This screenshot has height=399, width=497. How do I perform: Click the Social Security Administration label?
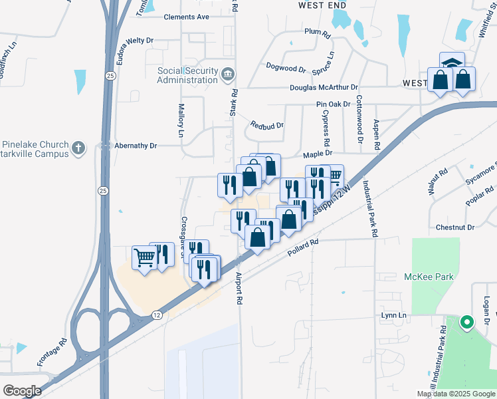pyautogui.click(x=187, y=75)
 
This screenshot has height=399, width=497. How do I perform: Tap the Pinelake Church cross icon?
pyautogui.click(x=78, y=148)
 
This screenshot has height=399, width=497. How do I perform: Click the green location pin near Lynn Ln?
pyautogui.click(x=466, y=324)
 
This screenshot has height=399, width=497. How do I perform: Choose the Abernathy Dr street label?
pyautogui.click(x=135, y=146)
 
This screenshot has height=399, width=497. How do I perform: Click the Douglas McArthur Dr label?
pyautogui.click(x=324, y=87)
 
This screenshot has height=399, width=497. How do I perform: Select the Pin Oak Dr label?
pyautogui.click(x=333, y=104)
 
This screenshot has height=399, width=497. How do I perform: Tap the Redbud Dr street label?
pyautogui.click(x=267, y=125)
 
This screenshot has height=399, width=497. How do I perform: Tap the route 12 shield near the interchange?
pyautogui.click(x=155, y=314)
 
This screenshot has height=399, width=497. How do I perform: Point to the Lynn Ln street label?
pyautogui.click(x=393, y=315)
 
